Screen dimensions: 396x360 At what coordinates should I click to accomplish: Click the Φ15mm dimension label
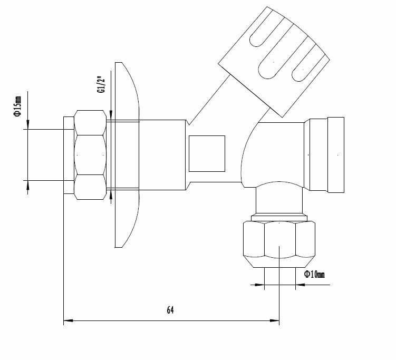(x=17, y=106)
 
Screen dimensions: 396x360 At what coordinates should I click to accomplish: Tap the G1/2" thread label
(x=101, y=84)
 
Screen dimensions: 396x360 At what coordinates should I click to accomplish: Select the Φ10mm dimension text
(x=314, y=274)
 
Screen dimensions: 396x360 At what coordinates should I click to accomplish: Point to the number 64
(x=170, y=310)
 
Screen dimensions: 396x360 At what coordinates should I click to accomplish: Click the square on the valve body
(x=207, y=153)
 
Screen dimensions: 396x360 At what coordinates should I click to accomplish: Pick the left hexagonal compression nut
(x=90, y=155)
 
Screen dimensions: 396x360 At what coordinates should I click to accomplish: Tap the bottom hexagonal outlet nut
(x=279, y=244)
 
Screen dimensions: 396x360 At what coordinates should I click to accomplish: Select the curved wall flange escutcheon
(x=127, y=155)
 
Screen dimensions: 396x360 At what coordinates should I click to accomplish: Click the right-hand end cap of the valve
(x=336, y=155)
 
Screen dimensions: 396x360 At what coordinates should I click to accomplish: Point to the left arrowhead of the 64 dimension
(x=68, y=320)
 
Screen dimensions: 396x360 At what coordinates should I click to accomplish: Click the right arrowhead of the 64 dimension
(x=275, y=320)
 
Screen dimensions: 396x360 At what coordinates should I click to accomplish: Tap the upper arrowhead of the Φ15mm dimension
(x=28, y=124)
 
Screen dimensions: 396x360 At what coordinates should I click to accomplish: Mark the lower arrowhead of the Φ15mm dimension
(x=28, y=186)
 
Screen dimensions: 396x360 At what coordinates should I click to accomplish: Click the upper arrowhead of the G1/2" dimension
(x=111, y=115)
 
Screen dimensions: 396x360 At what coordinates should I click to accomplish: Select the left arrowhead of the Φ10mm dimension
(x=259, y=285)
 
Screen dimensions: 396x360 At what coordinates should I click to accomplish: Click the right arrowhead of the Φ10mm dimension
(x=300, y=285)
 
